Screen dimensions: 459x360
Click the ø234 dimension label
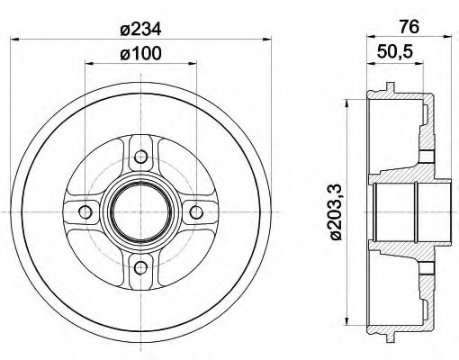point(140,30)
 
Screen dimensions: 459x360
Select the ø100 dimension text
point(140,54)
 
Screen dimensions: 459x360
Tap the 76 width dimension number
point(409,27)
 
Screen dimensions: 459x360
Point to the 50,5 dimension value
point(395,52)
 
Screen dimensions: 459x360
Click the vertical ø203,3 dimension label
point(337,211)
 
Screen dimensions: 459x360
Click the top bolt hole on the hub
point(140,157)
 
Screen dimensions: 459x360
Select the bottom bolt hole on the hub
point(140,267)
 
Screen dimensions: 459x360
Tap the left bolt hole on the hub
point(85,212)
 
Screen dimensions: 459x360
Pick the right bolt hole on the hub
point(196,212)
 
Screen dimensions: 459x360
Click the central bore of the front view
point(140,212)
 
